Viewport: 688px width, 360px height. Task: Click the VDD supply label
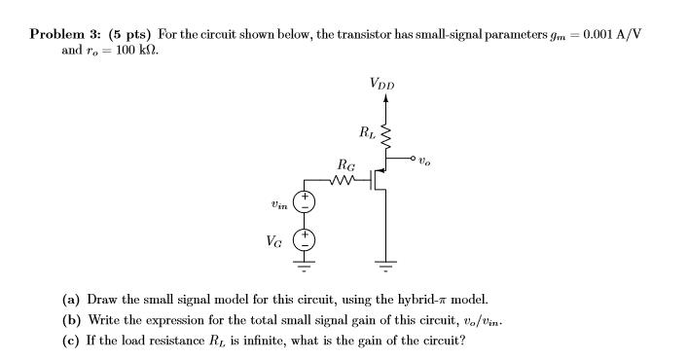coord(382,85)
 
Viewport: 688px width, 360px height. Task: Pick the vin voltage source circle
coord(306,202)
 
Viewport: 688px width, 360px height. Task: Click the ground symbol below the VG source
coord(306,264)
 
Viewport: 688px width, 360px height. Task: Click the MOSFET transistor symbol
coord(380,180)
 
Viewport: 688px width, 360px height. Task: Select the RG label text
coord(344,164)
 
